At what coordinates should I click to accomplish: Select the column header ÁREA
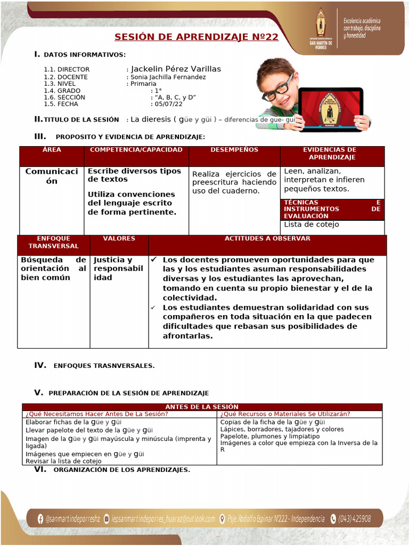pyautogui.click(x=52, y=150)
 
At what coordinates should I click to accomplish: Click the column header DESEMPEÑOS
pyautogui.click(x=234, y=150)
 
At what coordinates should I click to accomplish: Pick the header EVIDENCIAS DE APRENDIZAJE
pyautogui.click(x=332, y=154)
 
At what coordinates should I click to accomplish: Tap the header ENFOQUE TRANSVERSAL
pyautogui.click(x=53, y=242)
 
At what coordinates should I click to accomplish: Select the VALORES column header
pyautogui.click(x=119, y=239)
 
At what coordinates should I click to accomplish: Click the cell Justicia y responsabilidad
pyautogui.click(x=118, y=269)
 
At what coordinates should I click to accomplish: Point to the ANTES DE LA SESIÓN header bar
pyautogui.click(x=201, y=407)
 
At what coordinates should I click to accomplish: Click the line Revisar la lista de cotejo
pyautogui.click(x=63, y=461)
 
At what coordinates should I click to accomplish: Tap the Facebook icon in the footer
pyautogui.click(x=40, y=518)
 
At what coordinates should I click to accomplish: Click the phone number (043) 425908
pyautogui.click(x=354, y=518)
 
